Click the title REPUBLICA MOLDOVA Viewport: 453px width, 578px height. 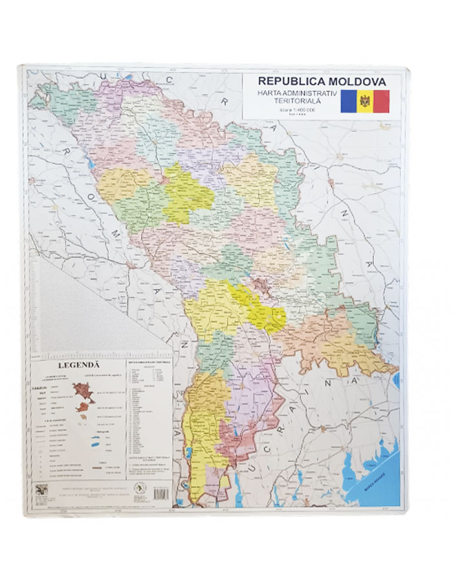(322, 82)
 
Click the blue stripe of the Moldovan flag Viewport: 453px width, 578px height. (349, 102)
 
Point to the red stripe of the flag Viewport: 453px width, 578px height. (381, 102)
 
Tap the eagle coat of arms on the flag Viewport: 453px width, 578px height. (365, 102)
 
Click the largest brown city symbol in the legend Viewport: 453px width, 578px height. (83, 391)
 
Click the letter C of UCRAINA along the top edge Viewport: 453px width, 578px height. (170, 78)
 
